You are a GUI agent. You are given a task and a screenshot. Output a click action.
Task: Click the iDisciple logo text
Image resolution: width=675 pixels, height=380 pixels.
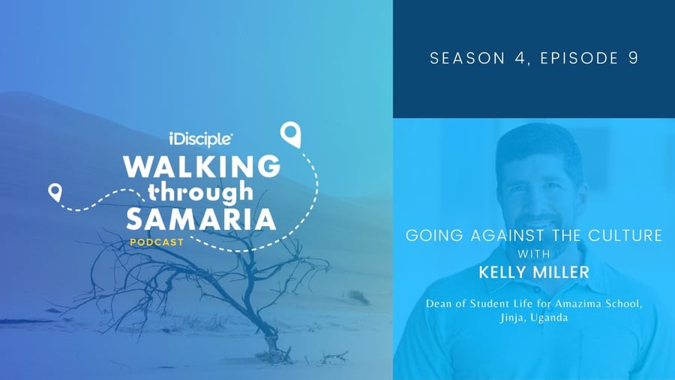coord(200,139)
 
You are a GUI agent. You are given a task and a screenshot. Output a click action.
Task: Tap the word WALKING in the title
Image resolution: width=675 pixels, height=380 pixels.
coord(202,166)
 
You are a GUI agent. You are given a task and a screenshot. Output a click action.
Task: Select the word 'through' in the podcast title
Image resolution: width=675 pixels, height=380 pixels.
coord(200,192)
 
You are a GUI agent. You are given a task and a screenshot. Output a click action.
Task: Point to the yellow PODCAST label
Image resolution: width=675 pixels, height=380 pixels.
coord(157,243)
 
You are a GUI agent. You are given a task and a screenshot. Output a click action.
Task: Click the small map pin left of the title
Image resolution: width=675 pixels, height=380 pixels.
coord(55,192)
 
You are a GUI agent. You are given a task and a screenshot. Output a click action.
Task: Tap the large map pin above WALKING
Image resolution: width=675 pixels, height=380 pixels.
coord(290,134)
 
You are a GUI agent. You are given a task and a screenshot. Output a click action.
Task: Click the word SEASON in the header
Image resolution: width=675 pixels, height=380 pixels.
coord(467,58)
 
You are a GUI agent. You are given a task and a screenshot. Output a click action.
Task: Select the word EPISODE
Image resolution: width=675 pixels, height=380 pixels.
coord(580,58)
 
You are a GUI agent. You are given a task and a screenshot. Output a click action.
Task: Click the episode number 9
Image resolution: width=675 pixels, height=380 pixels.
coord(633,58)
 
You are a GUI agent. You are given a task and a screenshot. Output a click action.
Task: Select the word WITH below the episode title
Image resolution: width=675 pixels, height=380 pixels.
coord(534,254)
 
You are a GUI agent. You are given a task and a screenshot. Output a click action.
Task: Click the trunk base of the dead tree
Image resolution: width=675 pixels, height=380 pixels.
coord(272,346)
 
